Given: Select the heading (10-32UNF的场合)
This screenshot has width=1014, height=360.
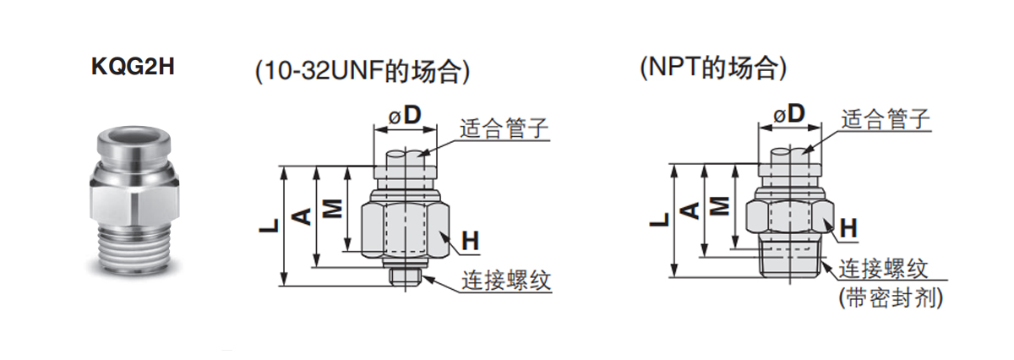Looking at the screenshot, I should coord(362,71).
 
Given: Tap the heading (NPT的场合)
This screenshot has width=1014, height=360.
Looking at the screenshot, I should coord(714,68).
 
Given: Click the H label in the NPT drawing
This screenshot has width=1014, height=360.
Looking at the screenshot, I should coord(848,228).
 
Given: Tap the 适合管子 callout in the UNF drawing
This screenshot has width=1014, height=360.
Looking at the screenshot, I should coord(504,129).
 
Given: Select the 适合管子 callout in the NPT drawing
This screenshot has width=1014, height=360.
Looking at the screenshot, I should coord(885,119).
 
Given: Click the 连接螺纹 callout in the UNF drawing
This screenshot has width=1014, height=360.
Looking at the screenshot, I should coord(505,280).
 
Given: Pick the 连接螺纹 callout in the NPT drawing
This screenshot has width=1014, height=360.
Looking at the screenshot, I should coord(883,270).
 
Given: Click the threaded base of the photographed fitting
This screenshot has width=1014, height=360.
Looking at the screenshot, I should coord(131,245).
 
